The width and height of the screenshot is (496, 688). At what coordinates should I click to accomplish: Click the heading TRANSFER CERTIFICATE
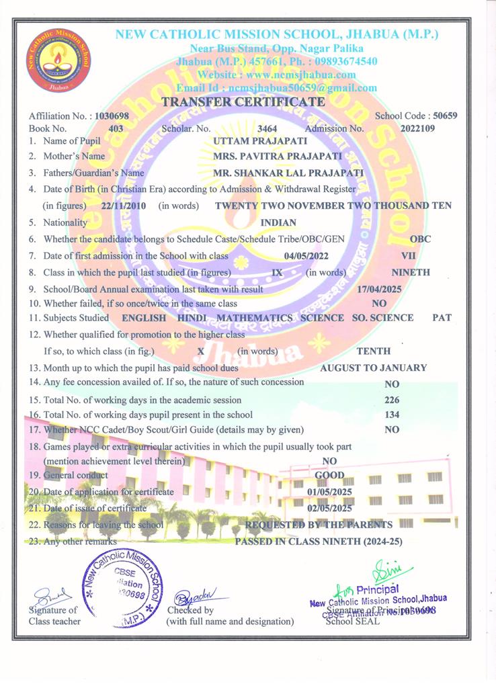tap(243, 102)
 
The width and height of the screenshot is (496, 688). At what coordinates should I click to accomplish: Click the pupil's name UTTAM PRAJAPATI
tap(251, 141)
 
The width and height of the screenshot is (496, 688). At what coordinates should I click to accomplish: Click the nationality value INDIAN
tap(278, 222)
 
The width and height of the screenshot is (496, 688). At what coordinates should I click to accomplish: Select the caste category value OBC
tap(420, 239)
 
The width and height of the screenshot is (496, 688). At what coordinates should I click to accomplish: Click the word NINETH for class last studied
tap(411, 273)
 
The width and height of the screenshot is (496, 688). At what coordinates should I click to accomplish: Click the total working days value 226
tap(392, 400)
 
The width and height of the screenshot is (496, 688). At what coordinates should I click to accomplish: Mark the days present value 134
tap(392, 415)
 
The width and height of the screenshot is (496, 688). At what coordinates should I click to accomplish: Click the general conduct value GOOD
tap(329, 476)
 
